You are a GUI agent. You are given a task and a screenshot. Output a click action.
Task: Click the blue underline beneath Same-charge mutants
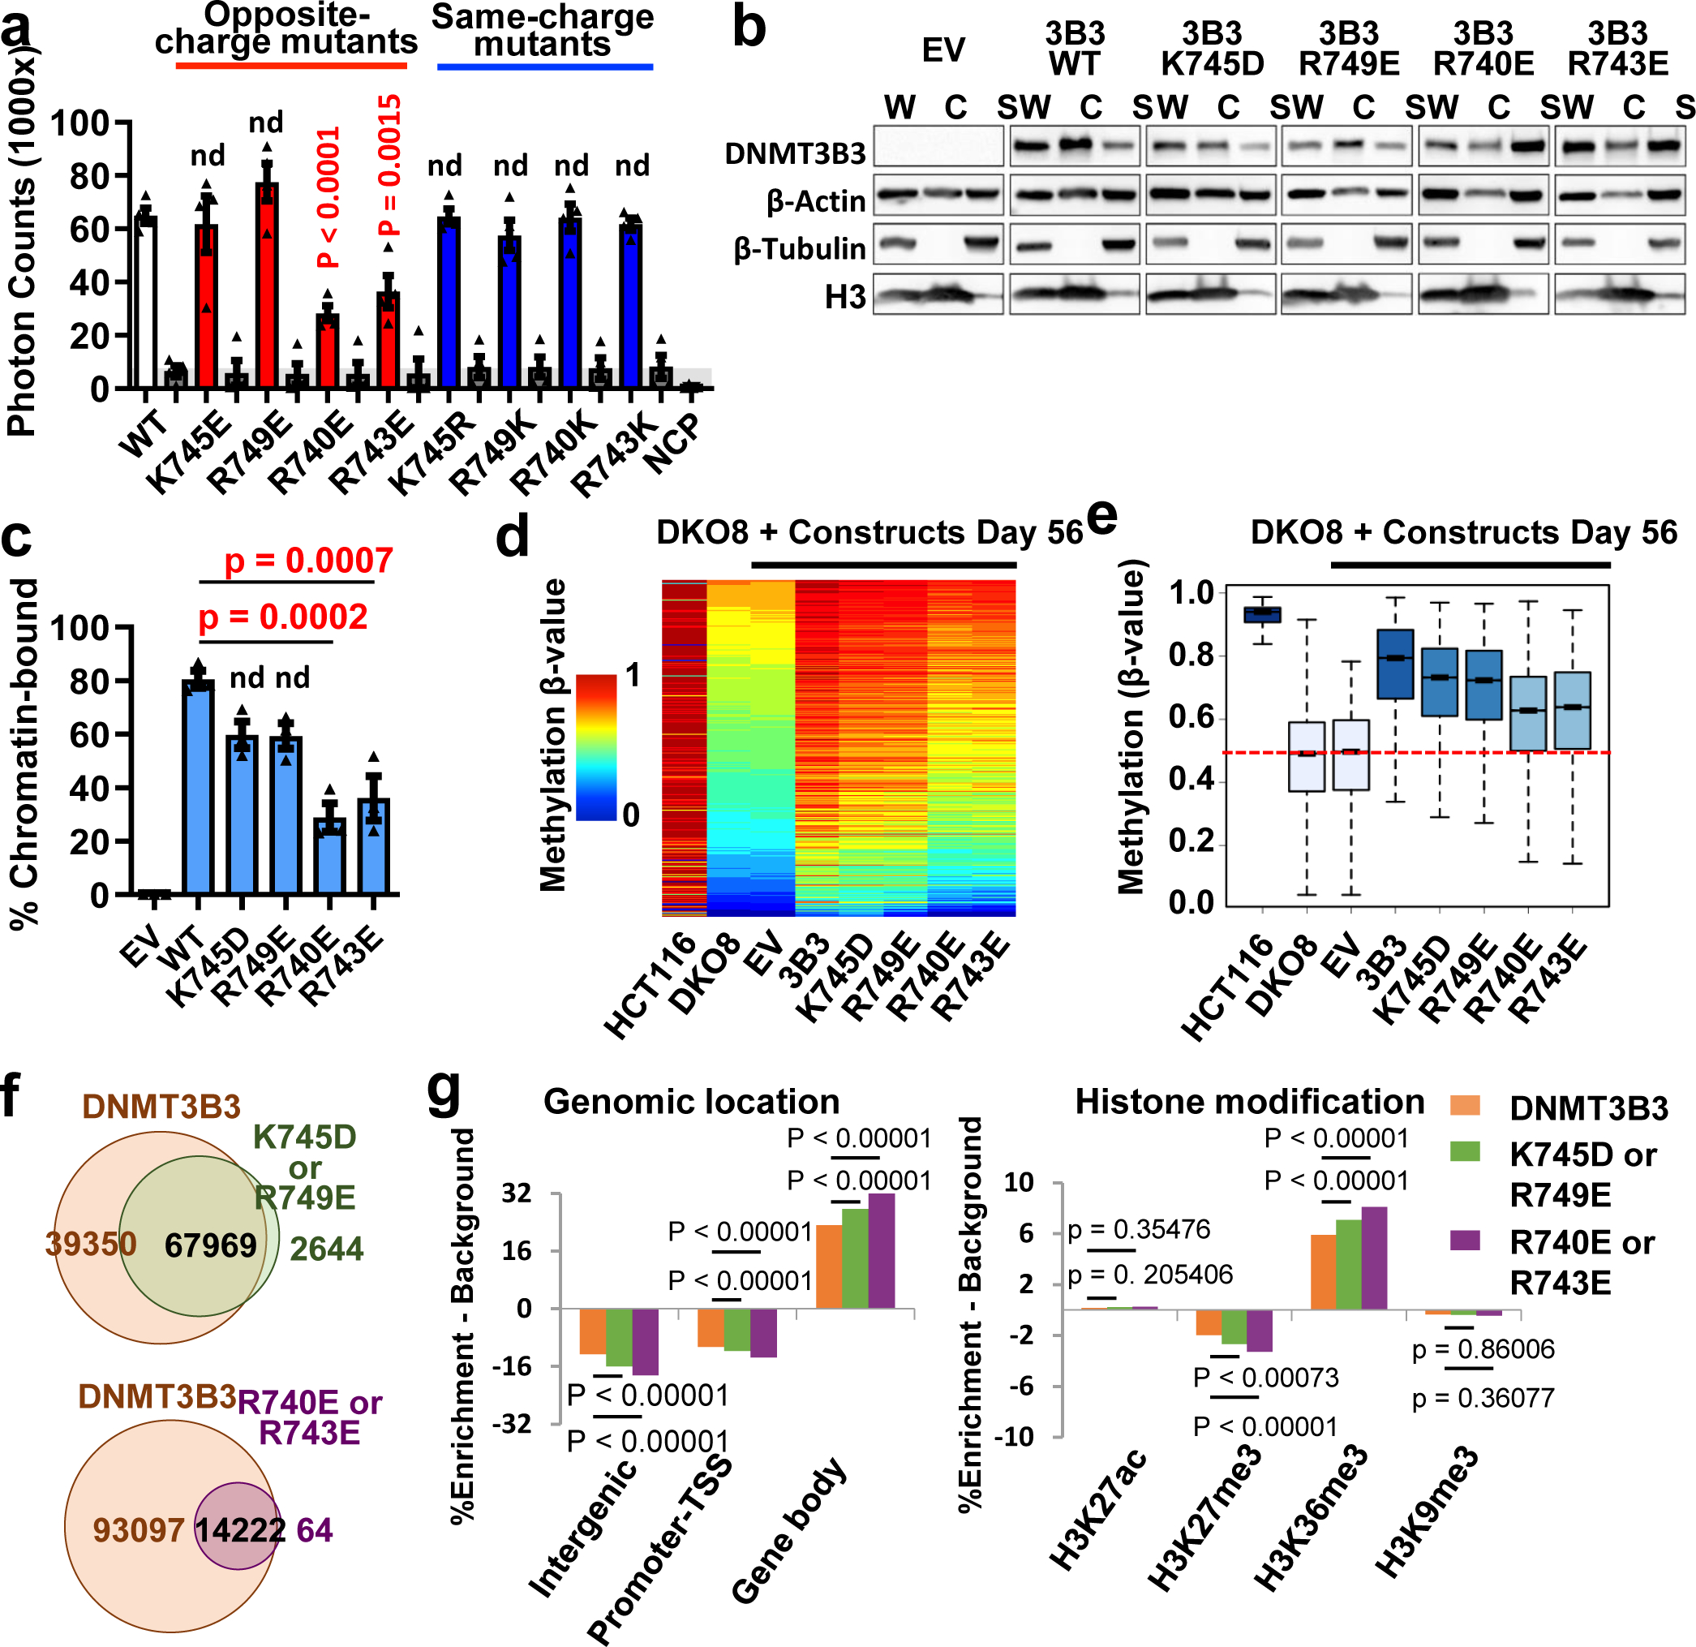(x=545, y=67)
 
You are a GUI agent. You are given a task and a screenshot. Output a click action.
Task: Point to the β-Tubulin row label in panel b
(x=799, y=249)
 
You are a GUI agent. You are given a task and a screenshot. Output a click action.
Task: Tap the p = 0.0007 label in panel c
(x=309, y=561)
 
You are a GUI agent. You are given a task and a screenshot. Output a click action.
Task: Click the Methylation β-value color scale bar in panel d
(x=596, y=746)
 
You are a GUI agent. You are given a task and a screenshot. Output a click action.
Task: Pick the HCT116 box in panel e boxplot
(x=1263, y=613)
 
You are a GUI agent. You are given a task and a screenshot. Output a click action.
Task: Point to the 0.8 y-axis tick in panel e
(x=1191, y=656)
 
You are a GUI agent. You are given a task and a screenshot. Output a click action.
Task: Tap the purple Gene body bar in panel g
(x=881, y=1250)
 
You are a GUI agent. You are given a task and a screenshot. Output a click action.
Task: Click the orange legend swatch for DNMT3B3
(x=1465, y=1107)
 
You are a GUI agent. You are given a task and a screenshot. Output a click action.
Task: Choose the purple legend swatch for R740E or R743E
(x=1465, y=1241)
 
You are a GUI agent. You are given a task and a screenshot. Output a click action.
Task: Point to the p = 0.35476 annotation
(x=1139, y=1230)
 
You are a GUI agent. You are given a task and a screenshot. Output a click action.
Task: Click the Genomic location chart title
(x=691, y=1102)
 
